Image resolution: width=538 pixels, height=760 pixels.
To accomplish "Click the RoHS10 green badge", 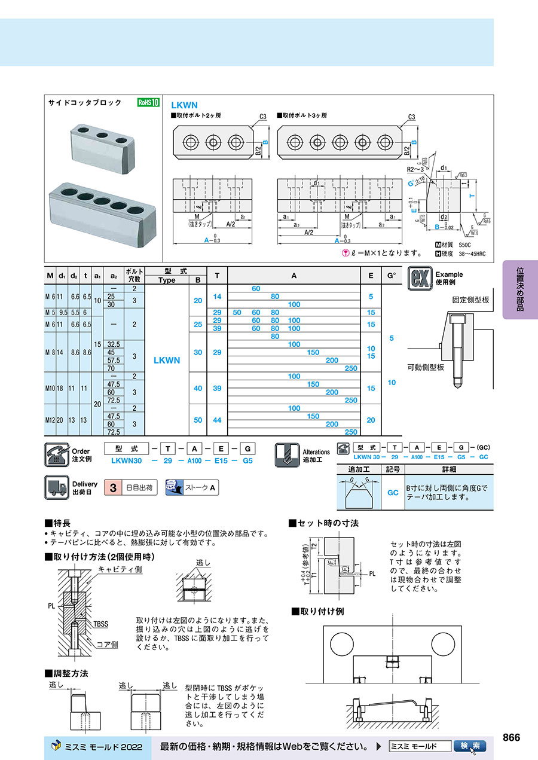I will pos(148,102).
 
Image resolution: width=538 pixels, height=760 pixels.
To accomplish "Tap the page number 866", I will pos(511,737).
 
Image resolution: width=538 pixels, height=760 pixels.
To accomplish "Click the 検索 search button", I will pos(470,746).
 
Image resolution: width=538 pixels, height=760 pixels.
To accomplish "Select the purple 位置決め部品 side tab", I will pos(519,289).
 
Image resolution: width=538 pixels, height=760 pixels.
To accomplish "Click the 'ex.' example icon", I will pos(419,279).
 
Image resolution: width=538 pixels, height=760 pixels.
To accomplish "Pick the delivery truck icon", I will pos(57,487).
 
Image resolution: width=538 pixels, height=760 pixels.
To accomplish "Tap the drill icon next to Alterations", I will pos(287,454).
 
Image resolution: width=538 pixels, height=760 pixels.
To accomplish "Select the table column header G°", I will pos(391,276).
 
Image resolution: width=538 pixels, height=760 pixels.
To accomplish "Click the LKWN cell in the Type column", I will pos(167,361).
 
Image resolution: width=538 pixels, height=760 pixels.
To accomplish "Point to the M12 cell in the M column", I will pos(50,420).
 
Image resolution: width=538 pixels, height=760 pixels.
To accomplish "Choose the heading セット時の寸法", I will pos(328,523).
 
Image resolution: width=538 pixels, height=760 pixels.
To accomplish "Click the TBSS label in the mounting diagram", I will pos(100,624).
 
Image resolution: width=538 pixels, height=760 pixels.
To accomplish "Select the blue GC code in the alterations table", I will pos(393,493).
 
